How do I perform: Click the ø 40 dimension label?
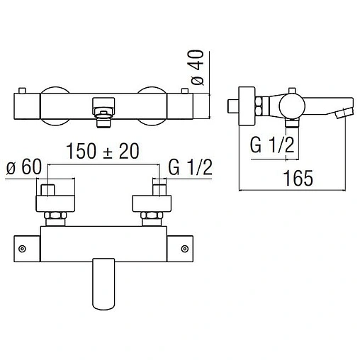pyautogui.click(x=198, y=67)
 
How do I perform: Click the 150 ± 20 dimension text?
pyautogui.click(x=103, y=151)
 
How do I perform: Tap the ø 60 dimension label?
pyautogui.click(x=24, y=167)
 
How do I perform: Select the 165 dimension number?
pyautogui.click(x=298, y=178)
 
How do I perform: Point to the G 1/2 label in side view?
pyautogui.click(x=272, y=145)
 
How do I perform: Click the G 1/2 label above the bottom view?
pyautogui.click(x=190, y=167)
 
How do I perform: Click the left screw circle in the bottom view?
pyautogui.click(x=22, y=249)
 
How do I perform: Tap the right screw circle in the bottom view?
pyautogui.click(x=185, y=249)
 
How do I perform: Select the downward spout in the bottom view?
pyautogui.click(x=103, y=284)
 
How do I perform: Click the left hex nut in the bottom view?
pyautogui.click(x=55, y=215)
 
